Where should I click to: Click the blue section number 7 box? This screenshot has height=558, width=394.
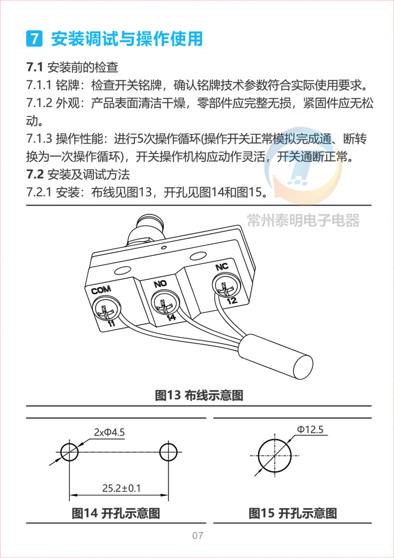35,38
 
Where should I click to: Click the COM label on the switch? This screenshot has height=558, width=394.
101,290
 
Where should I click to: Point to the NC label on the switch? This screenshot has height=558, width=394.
222,267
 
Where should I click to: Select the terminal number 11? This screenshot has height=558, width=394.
111,323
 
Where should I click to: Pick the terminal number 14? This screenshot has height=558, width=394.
172,318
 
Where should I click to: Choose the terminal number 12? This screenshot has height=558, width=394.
232,301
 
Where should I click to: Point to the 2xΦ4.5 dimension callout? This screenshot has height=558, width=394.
109,432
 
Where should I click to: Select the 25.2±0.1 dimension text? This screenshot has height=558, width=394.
121,488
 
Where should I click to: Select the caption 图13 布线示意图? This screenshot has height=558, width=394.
199,395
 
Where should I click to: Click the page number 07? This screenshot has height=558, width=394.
198,535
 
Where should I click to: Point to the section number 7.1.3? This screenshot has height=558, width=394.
39,139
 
